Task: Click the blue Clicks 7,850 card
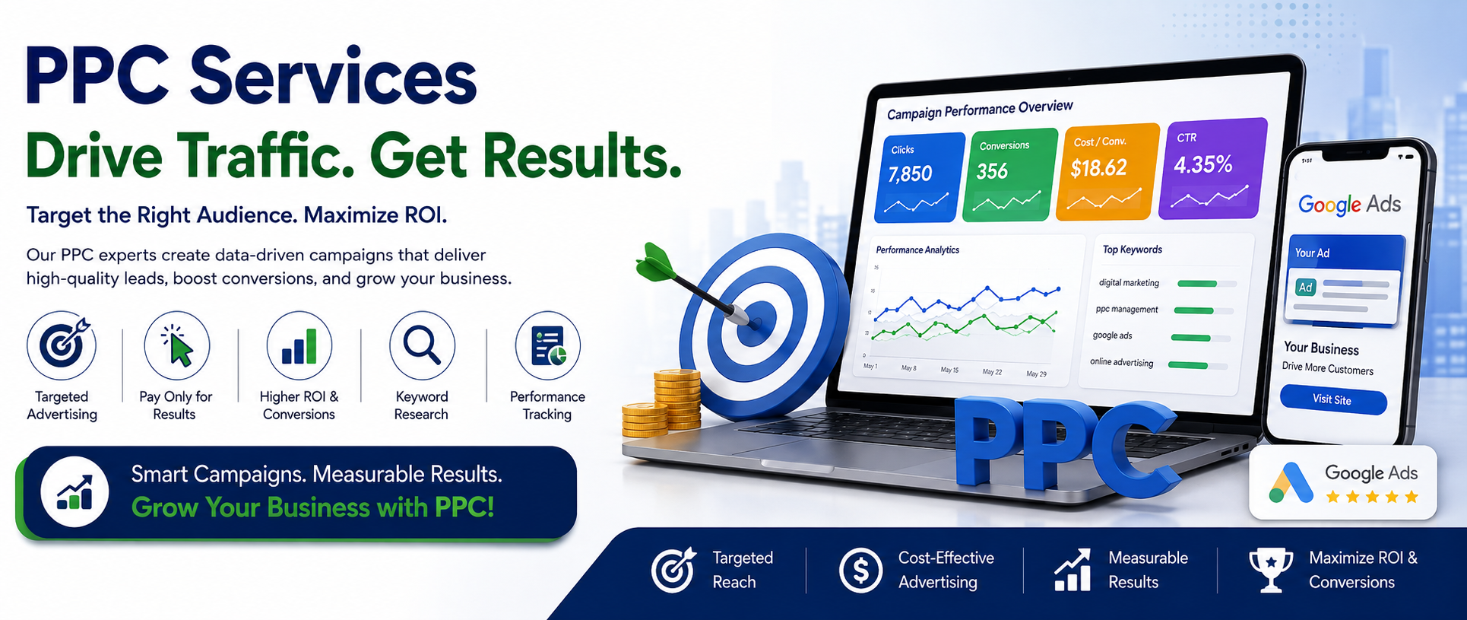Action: [x=920, y=177]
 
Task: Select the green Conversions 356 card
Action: [x=1010, y=174]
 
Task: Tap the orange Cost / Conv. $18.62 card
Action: [x=1107, y=171]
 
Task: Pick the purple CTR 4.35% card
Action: [x=1213, y=167]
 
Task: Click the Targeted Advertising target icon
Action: [x=62, y=345]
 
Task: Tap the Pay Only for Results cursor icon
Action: [x=176, y=345]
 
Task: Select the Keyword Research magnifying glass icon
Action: [x=422, y=345]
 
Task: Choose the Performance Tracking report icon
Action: [x=547, y=345]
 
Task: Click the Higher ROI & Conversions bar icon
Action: [x=299, y=345]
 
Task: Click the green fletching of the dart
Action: [x=654, y=262]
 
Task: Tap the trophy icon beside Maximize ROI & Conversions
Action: [x=1270, y=570]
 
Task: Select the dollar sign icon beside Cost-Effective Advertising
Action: [x=860, y=570]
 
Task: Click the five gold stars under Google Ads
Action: [x=1372, y=498]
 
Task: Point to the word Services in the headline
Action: [x=333, y=77]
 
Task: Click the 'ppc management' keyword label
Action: [x=1126, y=310]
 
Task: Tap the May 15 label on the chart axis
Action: [x=949, y=370]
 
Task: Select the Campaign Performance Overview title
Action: [x=980, y=110]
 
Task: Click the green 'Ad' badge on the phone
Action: [x=1305, y=288]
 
